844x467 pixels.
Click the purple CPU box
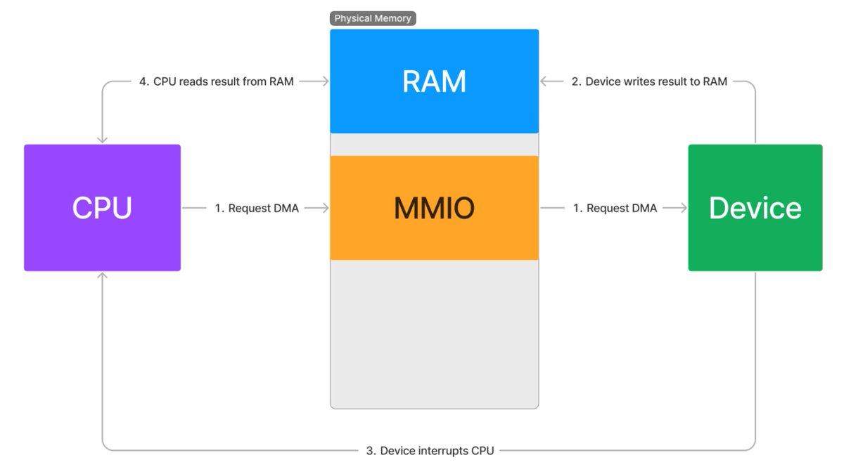click(102, 208)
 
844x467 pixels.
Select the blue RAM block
click(434, 81)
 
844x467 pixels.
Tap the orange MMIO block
click(434, 208)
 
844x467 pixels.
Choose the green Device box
click(755, 208)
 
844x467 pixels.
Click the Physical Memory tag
click(373, 18)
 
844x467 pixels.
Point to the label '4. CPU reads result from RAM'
click(216, 81)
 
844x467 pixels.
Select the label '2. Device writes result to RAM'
click(648, 81)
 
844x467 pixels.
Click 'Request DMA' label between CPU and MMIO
click(257, 208)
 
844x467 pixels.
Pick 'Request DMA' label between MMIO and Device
click(615, 208)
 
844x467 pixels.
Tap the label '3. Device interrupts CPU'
click(430, 450)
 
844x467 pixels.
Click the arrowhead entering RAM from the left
click(324, 81)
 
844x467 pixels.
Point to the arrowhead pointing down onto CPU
click(102, 139)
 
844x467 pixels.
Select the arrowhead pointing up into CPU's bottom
click(102, 277)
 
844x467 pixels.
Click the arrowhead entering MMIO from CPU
click(324, 208)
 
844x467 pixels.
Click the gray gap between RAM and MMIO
click(434, 145)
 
